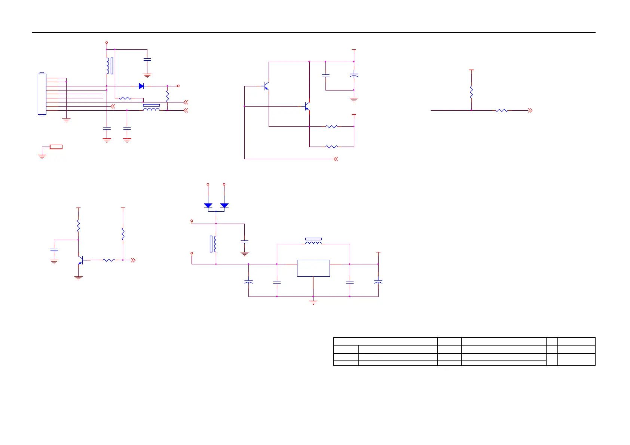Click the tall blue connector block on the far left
[x=42, y=94]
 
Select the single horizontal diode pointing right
[x=141, y=86]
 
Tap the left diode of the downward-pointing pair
[x=208, y=205]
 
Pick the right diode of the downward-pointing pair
[x=224, y=205]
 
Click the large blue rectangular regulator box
[x=313, y=268]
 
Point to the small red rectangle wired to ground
[x=56, y=147]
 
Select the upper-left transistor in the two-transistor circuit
[x=266, y=86]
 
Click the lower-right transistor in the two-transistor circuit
[x=307, y=107]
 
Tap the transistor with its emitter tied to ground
[x=80, y=260]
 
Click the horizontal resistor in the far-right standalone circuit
[x=502, y=110]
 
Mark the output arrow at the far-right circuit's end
[x=530, y=110]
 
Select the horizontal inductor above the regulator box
[x=314, y=243]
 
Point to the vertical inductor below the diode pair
[x=215, y=243]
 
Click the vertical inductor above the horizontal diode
[x=108, y=66]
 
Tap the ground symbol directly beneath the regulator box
[x=313, y=302]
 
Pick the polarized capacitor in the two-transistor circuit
[x=354, y=76]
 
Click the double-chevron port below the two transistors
[x=336, y=159]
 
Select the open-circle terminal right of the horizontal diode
[x=178, y=86]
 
